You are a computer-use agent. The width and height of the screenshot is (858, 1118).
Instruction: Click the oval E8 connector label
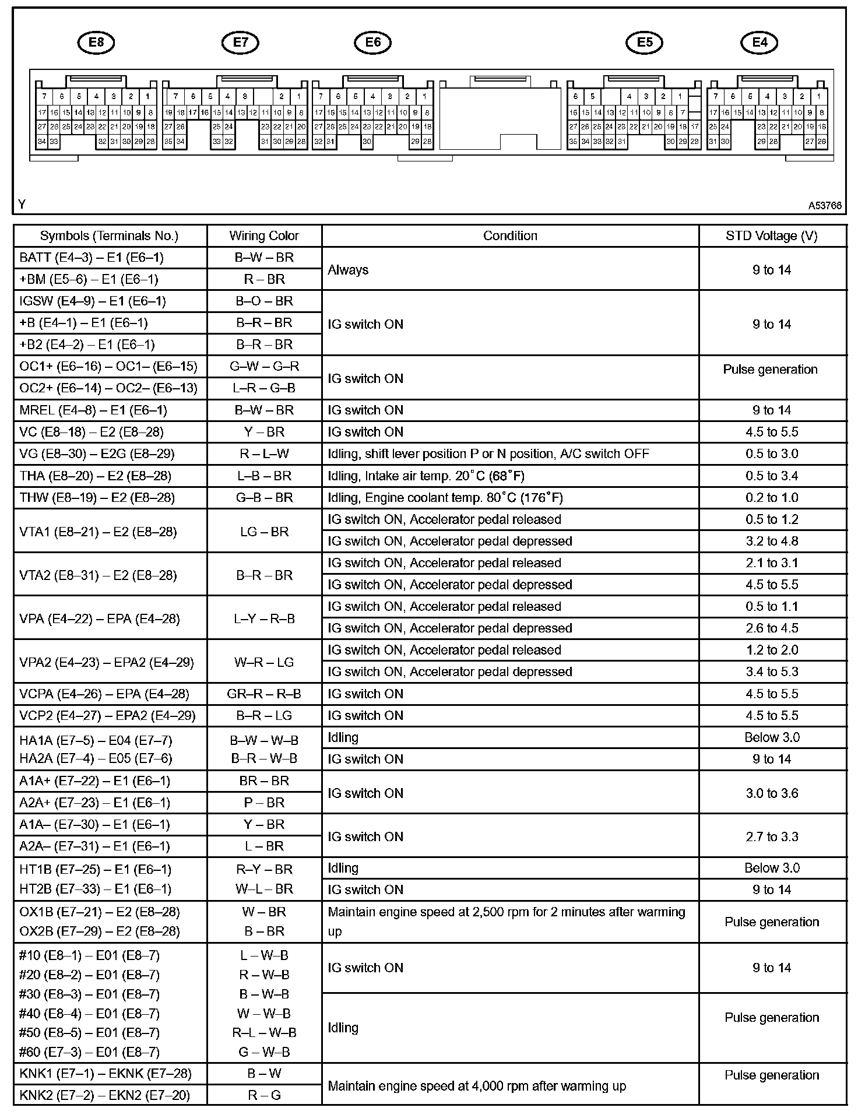point(96,42)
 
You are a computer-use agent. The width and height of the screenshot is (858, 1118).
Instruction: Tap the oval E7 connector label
point(240,42)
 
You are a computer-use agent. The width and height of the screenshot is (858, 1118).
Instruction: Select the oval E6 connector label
point(372,42)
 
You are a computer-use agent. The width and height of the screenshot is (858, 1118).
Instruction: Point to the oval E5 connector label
point(645,42)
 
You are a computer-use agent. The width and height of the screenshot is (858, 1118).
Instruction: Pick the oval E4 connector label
point(759,42)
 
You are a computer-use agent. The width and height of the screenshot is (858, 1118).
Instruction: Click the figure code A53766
point(824,206)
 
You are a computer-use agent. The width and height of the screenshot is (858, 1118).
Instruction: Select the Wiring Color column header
point(264,235)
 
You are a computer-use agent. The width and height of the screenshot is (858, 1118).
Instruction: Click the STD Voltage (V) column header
point(772,235)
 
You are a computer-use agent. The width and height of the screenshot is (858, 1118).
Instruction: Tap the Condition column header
point(510,235)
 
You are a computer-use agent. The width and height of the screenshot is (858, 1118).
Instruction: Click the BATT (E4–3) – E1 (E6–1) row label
point(92,258)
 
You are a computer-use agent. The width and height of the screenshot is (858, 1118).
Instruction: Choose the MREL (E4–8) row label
point(93,410)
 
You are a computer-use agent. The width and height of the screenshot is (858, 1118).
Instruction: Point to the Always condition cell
point(348,270)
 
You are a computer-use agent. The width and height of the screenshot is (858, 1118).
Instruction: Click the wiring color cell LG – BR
point(264,532)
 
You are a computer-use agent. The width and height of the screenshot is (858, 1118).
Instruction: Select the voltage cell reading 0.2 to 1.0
point(772,498)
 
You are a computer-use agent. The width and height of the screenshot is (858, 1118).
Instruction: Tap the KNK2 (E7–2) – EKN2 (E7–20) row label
point(105,1095)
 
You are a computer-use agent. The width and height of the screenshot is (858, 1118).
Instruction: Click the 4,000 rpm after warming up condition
point(477,1086)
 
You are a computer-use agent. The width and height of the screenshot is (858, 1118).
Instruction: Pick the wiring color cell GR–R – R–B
point(264,694)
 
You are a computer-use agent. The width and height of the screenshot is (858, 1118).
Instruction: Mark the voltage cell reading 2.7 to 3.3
point(772,836)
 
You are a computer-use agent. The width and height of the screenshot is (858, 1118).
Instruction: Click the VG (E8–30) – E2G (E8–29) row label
point(97,454)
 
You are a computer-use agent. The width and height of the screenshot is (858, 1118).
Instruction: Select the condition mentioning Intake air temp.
point(426,476)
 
